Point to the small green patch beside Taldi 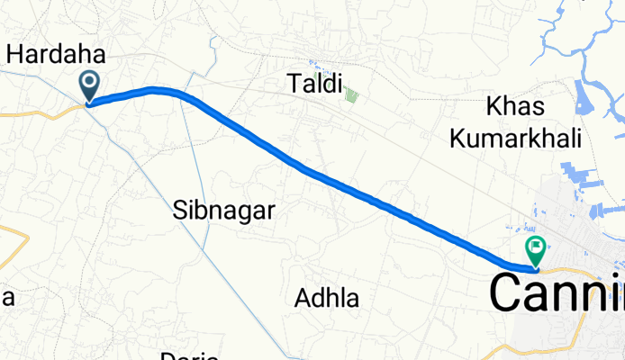tap(351, 93)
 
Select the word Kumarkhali tap(531, 138)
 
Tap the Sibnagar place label tap(222, 211)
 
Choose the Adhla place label tap(328, 297)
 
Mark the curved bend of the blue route tap(162, 89)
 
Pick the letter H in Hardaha tap(15, 53)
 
